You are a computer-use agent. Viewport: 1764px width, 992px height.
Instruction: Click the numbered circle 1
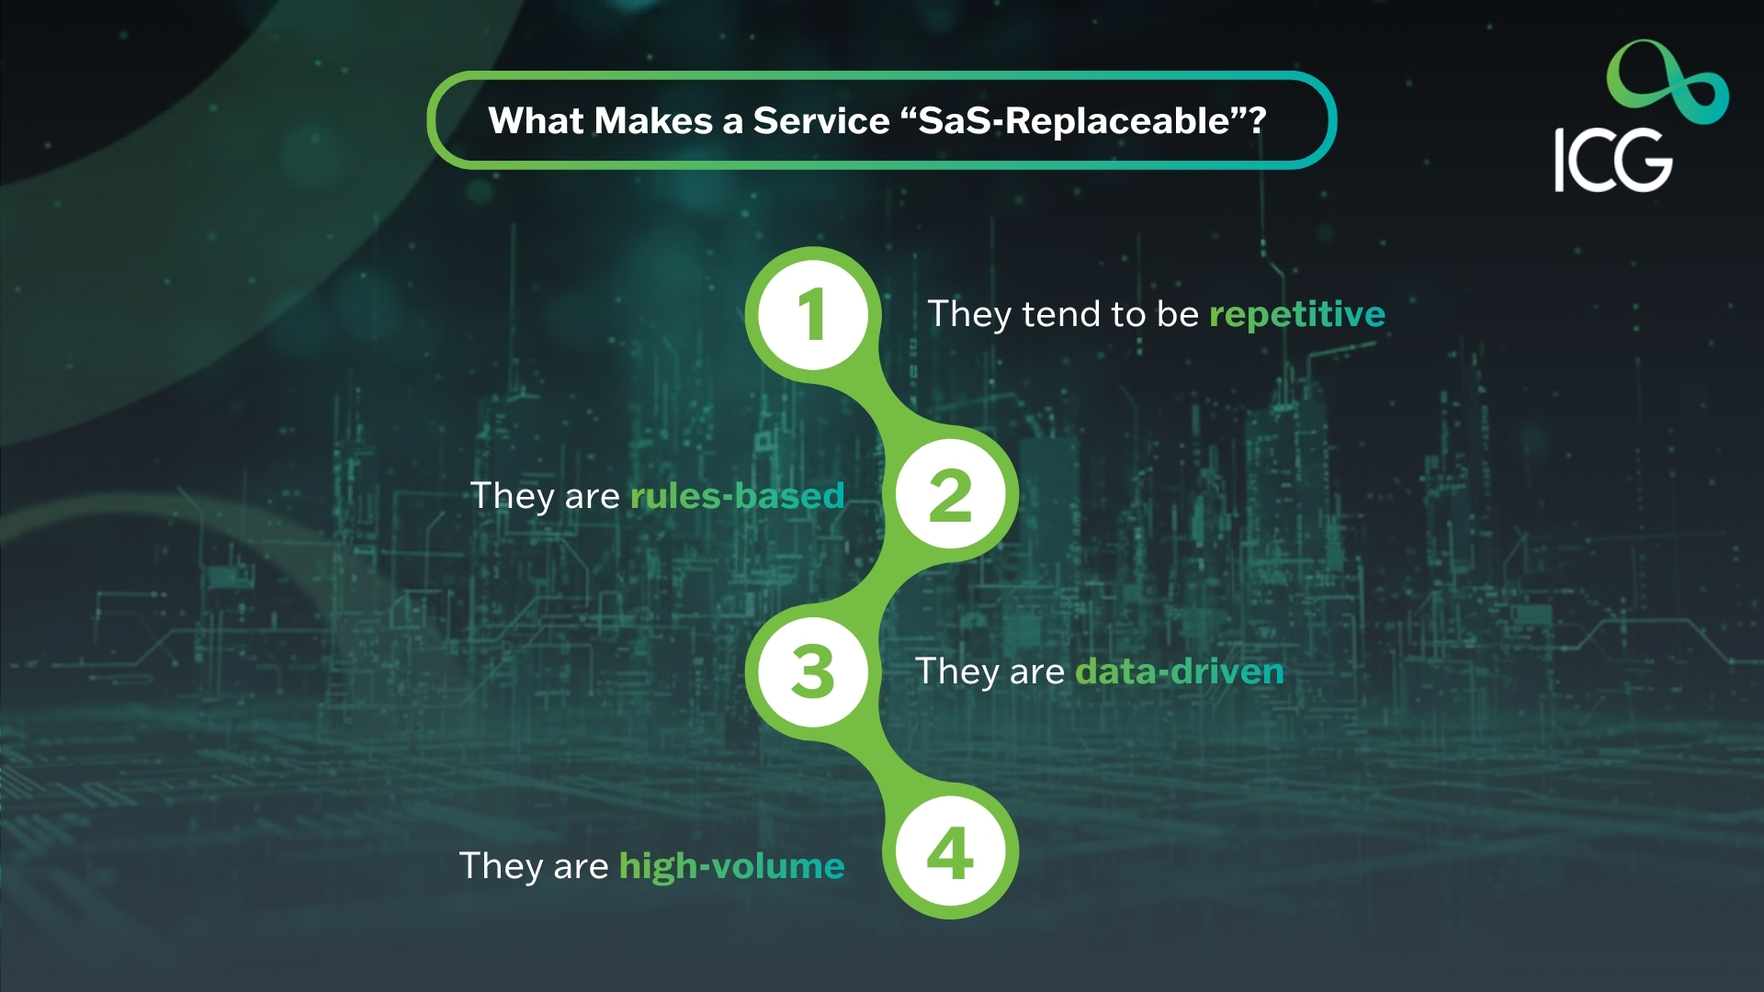pyautogui.click(x=812, y=314)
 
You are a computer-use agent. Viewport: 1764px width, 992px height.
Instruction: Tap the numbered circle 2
pyautogui.click(x=950, y=495)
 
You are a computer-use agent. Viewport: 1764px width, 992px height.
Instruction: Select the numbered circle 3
pyautogui.click(x=812, y=671)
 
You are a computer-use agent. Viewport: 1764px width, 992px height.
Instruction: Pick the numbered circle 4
pyautogui.click(x=950, y=851)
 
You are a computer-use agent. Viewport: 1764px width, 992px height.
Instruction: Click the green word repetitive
pyautogui.click(x=1296, y=314)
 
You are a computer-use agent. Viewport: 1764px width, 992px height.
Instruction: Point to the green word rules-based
pyautogui.click(x=737, y=496)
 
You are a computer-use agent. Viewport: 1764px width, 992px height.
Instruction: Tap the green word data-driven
pyautogui.click(x=1179, y=671)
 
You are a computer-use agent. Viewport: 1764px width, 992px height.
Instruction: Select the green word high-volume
pyautogui.click(x=731, y=865)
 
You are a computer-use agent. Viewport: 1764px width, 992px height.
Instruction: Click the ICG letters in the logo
pyautogui.click(x=1612, y=161)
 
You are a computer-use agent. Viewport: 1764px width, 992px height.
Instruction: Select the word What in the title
pyautogui.click(x=536, y=120)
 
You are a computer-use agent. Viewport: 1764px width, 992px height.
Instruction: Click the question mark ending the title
pyautogui.click(x=1256, y=120)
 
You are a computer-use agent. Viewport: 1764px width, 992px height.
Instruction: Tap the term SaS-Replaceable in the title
pyautogui.click(x=1074, y=120)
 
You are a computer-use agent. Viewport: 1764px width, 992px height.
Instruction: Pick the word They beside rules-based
pyautogui.click(x=512, y=497)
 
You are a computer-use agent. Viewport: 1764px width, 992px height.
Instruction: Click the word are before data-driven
pyautogui.click(x=1036, y=671)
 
